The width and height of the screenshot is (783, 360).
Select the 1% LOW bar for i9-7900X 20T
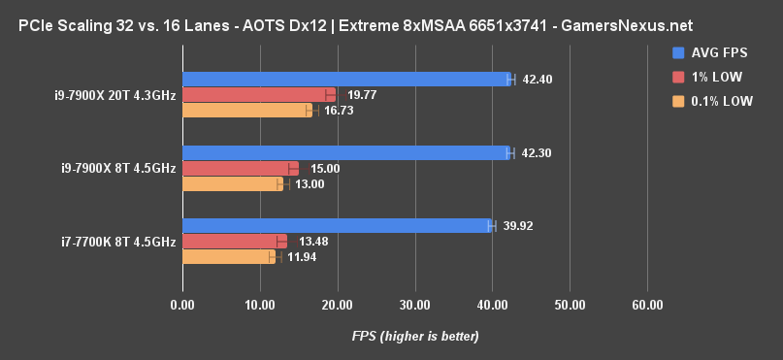pyautogui.click(x=258, y=95)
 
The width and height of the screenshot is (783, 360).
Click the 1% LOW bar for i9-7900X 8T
pyautogui.click(x=240, y=168)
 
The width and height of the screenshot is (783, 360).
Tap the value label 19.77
pyautogui.click(x=362, y=95)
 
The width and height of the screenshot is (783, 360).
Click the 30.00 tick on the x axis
pyautogui.click(x=414, y=305)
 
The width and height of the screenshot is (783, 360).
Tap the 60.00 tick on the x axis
pyautogui.click(x=647, y=305)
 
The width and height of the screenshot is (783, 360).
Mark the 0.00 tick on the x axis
pyautogui.click(x=182, y=305)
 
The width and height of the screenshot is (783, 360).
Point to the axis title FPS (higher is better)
pyautogui.click(x=415, y=336)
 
